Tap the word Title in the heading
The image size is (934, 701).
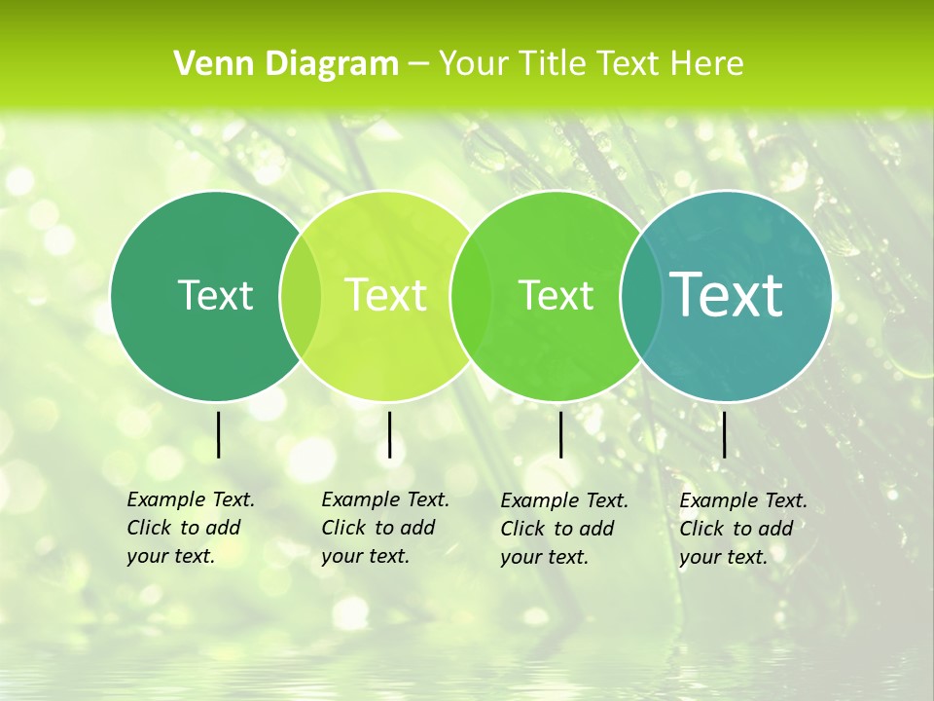pyautogui.click(x=552, y=64)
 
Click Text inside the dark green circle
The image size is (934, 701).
pyautogui.click(x=215, y=295)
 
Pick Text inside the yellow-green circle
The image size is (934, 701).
pyautogui.click(x=385, y=295)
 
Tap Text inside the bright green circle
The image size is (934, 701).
pyautogui.click(x=556, y=295)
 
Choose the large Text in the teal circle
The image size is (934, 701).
pyautogui.click(x=727, y=294)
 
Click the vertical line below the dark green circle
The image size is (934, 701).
pyautogui.click(x=218, y=434)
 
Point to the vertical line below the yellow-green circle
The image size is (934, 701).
pyautogui.click(x=389, y=434)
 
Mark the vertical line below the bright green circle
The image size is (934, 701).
pyautogui.click(x=560, y=434)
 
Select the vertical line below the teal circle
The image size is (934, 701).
pyautogui.click(x=724, y=434)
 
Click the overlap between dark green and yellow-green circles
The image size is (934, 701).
pyautogui.click(x=301, y=296)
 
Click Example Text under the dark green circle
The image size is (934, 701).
pyautogui.click(x=191, y=499)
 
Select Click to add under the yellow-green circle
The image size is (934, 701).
pyautogui.click(x=377, y=528)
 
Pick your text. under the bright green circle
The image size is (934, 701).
pyautogui.click(x=544, y=557)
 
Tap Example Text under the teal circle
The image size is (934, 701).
pyautogui.click(x=743, y=500)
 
